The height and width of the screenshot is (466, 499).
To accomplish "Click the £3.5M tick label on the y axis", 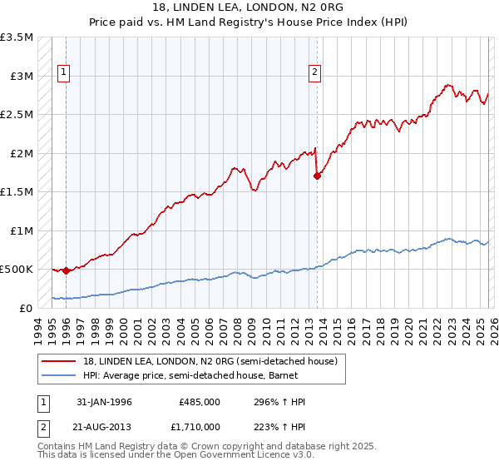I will pyautogui.click(x=17, y=37).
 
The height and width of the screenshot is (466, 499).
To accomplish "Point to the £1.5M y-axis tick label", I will pyautogui.click(x=17, y=192).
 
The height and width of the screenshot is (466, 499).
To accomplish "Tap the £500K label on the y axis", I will pyautogui.click(x=17, y=270).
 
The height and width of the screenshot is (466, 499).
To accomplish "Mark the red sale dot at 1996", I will pyautogui.click(x=66, y=270).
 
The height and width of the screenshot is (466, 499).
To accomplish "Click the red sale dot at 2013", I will pyautogui.click(x=317, y=176).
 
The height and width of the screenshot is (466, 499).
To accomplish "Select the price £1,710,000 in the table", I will pyautogui.click(x=200, y=426).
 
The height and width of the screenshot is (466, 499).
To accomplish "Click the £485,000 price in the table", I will pyautogui.click(x=200, y=402).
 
